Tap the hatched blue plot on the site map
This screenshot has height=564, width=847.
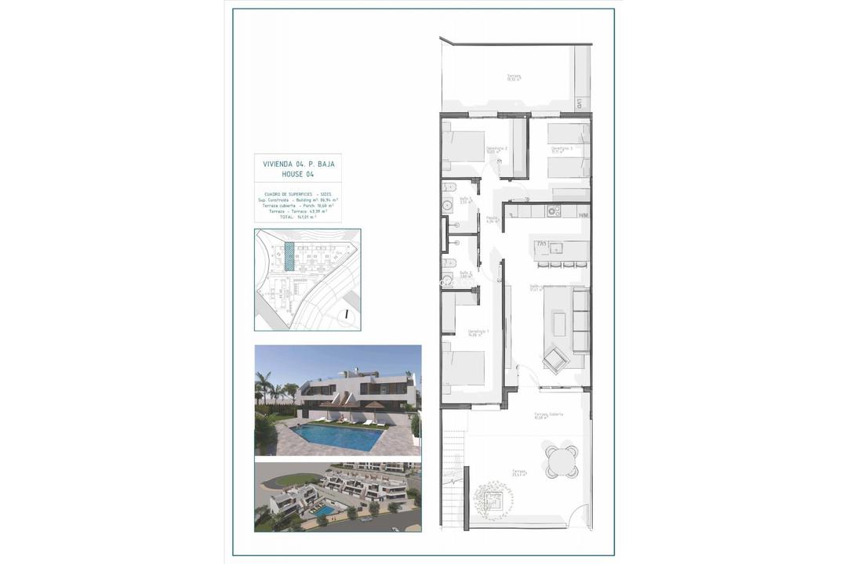pyautogui.click(x=289, y=256)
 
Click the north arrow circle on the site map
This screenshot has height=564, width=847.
pyautogui.click(x=345, y=315)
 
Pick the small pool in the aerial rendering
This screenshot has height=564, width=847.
pyautogui.click(x=323, y=511)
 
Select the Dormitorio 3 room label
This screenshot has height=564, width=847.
pyautogui.click(x=561, y=148)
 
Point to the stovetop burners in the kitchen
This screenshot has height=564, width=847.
pyautogui.click(x=553, y=210)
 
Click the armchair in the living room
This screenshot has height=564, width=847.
pyautogui.click(x=556, y=359)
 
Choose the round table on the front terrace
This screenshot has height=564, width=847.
pyautogui.click(x=562, y=461)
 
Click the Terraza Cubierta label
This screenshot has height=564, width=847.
pyautogui.click(x=549, y=415)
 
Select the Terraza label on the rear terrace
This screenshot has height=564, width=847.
pyautogui.click(x=514, y=78)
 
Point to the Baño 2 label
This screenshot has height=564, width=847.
pyautogui.click(x=464, y=274)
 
